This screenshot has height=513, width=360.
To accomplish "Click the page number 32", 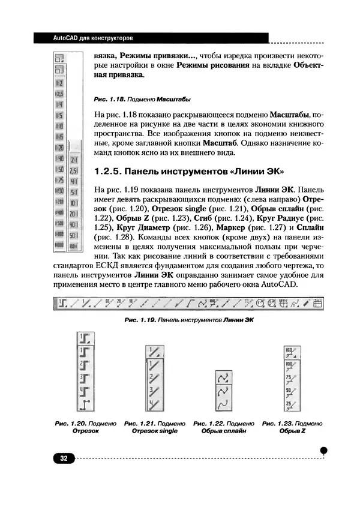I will click(x=62, y=458).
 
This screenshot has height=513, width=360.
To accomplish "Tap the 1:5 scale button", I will click(x=60, y=115).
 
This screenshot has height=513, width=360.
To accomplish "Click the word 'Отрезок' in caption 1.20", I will click(x=85, y=431).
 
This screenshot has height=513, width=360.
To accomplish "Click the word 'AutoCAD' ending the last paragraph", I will click(x=277, y=284).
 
